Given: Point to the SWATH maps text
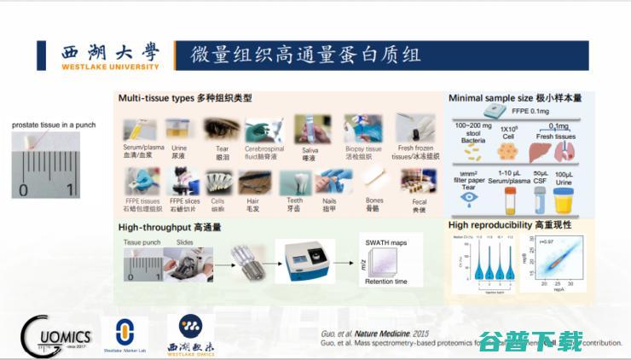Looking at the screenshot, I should [386, 243].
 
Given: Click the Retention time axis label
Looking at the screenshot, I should [386, 282].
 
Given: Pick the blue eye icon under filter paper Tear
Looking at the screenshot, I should [469, 197].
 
